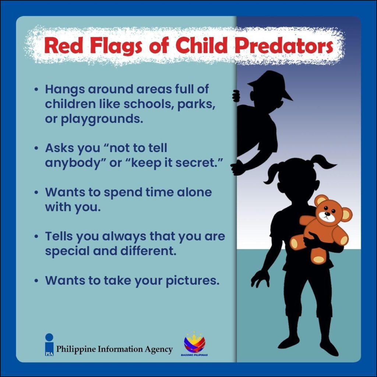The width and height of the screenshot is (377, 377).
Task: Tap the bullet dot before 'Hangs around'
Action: point(36,89)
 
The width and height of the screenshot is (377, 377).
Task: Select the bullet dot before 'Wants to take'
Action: point(36,280)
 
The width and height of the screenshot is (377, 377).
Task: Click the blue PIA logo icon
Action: point(49,345)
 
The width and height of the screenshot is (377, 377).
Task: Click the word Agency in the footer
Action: point(158,349)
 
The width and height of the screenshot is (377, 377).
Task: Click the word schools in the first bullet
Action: point(148,104)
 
